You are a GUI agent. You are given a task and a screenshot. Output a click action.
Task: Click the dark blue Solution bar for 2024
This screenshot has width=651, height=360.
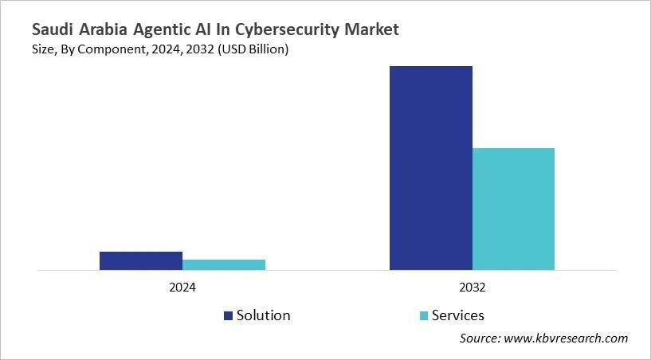click(141, 261)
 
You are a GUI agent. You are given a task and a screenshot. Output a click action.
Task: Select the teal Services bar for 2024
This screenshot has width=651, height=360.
click(224, 265)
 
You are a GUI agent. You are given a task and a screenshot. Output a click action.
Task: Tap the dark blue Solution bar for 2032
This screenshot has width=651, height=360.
click(431, 168)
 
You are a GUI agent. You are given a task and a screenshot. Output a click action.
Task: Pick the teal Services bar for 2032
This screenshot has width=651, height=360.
click(514, 209)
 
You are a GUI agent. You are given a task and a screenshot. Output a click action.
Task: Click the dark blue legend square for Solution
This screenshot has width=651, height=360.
click(229, 315)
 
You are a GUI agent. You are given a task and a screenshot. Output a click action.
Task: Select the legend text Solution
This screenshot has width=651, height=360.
click(264, 315)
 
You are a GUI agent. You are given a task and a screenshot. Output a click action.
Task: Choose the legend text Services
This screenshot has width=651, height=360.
click(457, 315)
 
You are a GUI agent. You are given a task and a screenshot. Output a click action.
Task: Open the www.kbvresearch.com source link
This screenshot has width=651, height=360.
click(568, 338)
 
